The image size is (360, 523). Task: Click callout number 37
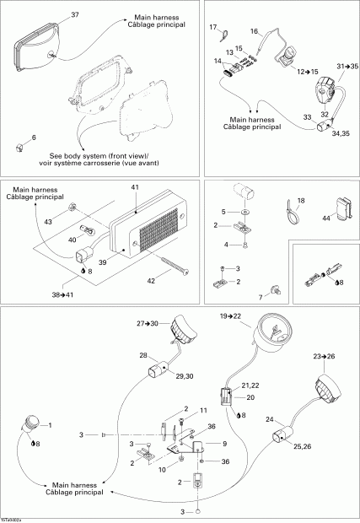pyautogui.click(x=74, y=16)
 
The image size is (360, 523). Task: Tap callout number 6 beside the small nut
pyautogui.click(x=34, y=137)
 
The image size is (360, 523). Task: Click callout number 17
pyautogui.click(x=213, y=28)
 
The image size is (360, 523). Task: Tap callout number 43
pyautogui.click(x=47, y=221)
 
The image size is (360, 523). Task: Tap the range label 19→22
pyautogui.click(x=230, y=315)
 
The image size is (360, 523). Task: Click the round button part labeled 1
pyautogui.click(x=34, y=423)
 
